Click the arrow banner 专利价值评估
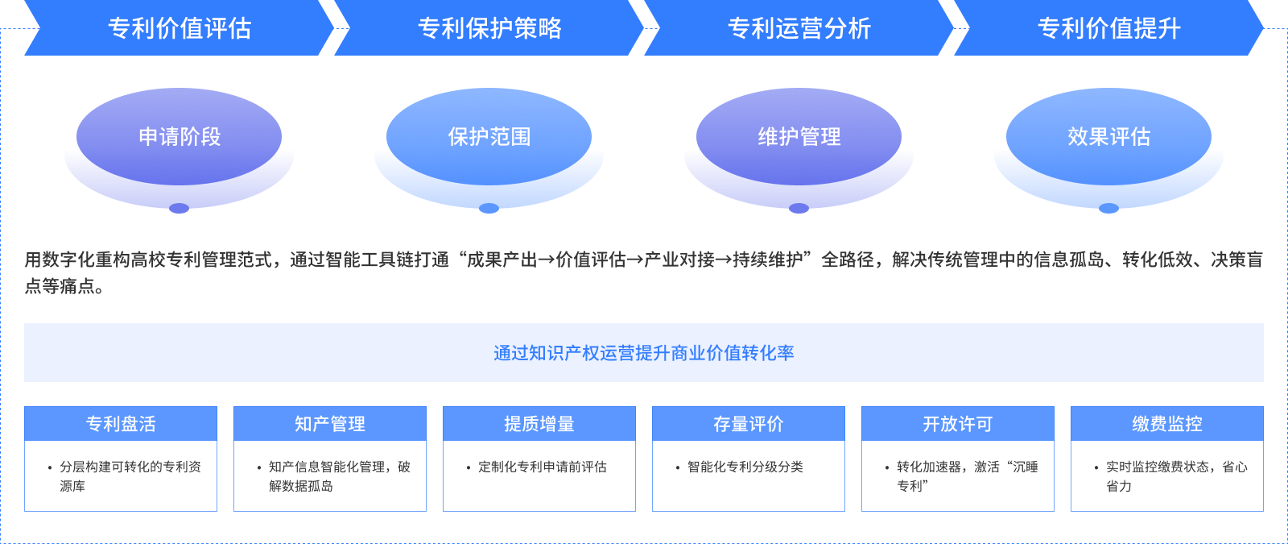(179, 28)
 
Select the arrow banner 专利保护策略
(489, 28)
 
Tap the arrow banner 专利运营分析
(799, 28)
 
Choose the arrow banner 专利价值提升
(1108, 28)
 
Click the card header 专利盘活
(121, 423)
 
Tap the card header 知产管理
(330, 423)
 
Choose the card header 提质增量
(539, 423)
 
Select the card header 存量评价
(749, 423)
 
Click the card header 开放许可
(958, 423)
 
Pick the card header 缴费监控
(1167, 423)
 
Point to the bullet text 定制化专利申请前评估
(542, 467)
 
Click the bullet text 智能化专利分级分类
(745, 467)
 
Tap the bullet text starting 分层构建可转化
(130, 475)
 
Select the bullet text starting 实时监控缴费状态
(1176, 475)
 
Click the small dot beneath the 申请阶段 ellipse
(179, 208)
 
